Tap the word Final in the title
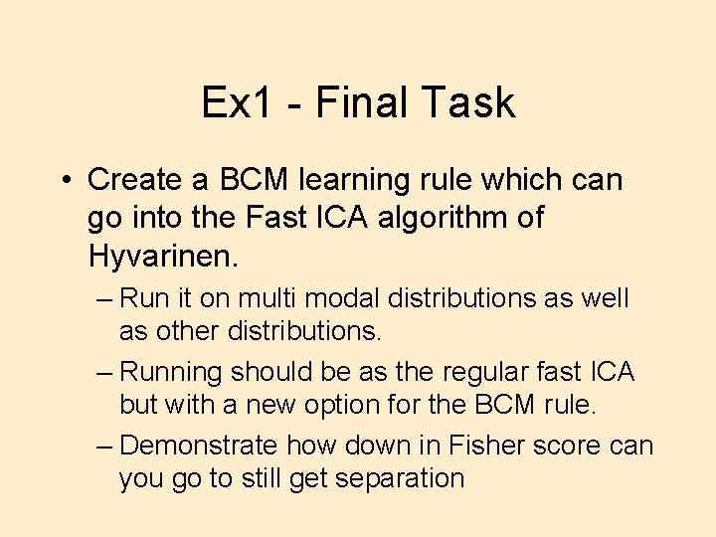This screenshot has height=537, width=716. click(354, 102)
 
